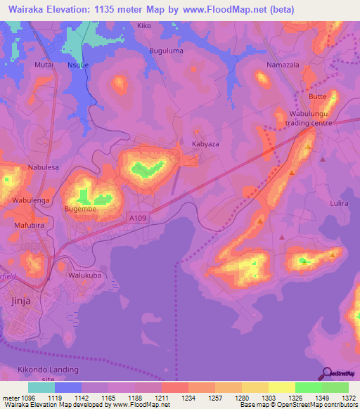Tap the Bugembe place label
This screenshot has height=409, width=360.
[x=79, y=209]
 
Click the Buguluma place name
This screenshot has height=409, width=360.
[x=166, y=51]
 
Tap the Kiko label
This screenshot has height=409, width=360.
[x=144, y=26]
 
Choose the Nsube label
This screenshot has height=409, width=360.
[x=77, y=64]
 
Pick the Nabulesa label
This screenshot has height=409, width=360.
[x=42, y=167]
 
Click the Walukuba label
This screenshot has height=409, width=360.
[x=84, y=275]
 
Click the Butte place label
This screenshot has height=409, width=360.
[x=318, y=96]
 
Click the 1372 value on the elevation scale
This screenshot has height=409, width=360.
[x=349, y=398]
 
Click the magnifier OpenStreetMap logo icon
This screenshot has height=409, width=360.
[x=326, y=374]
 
